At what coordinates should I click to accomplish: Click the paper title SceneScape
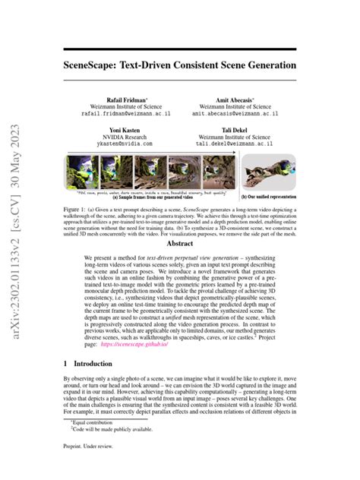(180, 66)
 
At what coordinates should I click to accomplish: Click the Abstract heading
(180, 223)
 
